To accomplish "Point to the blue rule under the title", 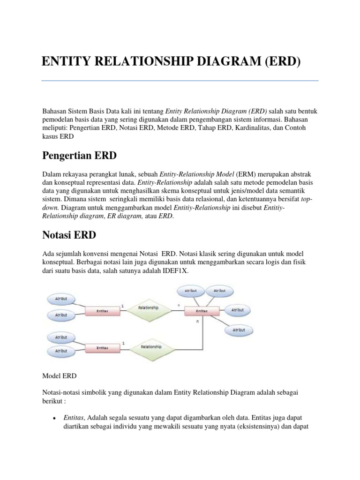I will pyautogui.click(x=180, y=81).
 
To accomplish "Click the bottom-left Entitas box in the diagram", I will pyautogui.click(x=102, y=348).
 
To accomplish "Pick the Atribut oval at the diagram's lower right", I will pyautogui.click(x=238, y=330).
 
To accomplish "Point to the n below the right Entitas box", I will pyautogui.click(x=197, y=322).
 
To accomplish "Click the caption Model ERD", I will pyautogui.click(x=60, y=376).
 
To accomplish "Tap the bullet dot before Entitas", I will pyautogui.click(x=55, y=418).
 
